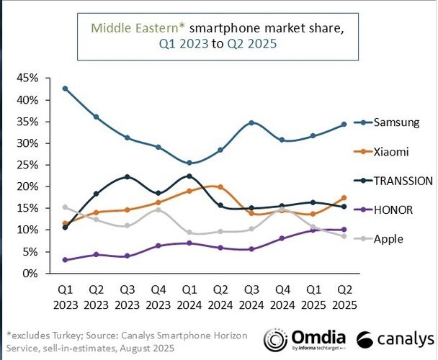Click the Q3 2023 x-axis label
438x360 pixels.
tap(127, 295)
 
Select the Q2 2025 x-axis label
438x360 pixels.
tap(344, 295)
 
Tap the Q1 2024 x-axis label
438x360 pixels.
tap(189, 295)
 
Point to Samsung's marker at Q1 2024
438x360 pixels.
tap(189, 163)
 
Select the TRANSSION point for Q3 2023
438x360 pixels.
tap(127, 176)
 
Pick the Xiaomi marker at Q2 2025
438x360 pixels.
tap(344, 197)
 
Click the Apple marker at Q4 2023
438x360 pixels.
tap(158, 210)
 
